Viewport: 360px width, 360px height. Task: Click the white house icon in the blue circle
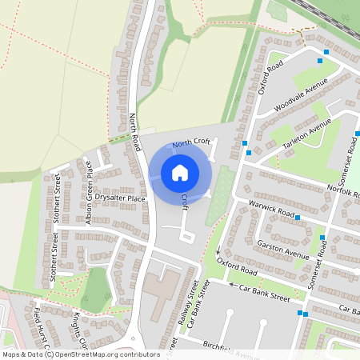pos(180,172)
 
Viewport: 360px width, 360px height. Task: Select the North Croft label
pos(191,142)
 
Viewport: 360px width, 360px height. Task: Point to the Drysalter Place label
pos(120,197)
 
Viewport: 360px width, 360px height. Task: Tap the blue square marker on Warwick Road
pos(298,217)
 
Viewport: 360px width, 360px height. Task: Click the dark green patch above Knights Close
pos(97,289)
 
